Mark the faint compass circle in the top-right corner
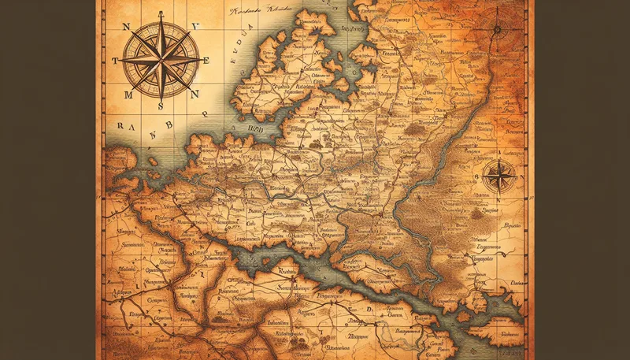point(497,30)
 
